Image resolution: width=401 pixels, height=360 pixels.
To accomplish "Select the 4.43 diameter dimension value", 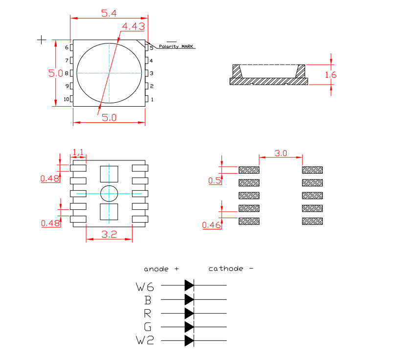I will click(x=134, y=26).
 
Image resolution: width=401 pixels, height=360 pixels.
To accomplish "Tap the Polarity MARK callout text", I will click(x=176, y=46).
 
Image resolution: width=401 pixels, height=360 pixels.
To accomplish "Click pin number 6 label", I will click(x=67, y=47).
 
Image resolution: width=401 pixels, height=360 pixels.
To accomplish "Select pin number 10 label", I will click(x=66, y=99).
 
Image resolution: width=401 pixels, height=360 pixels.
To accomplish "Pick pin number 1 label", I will click(x=152, y=100).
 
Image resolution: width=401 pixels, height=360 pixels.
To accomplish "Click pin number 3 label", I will click(x=152, y=73).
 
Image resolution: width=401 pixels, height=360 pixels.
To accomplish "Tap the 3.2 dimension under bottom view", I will click(x=109, y=234).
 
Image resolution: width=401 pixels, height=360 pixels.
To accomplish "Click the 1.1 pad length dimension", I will click(x=78, y=152).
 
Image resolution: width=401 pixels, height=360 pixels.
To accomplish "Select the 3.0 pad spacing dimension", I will click(x=280, y=153).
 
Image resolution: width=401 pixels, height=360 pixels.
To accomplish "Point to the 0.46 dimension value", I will click(x=212, y=225).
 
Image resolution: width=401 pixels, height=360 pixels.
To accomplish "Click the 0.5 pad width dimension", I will click(x=214, y=180).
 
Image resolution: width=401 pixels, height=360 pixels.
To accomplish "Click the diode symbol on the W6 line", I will click(x=189, y=285).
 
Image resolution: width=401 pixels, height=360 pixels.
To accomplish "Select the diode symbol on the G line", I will click(x=189, y=326).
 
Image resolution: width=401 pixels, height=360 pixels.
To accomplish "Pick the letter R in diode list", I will click(x=148, y=313).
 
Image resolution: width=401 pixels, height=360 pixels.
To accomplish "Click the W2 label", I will click(x=145, y=340).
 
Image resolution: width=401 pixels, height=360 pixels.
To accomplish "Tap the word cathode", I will click(x=225, y=269).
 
